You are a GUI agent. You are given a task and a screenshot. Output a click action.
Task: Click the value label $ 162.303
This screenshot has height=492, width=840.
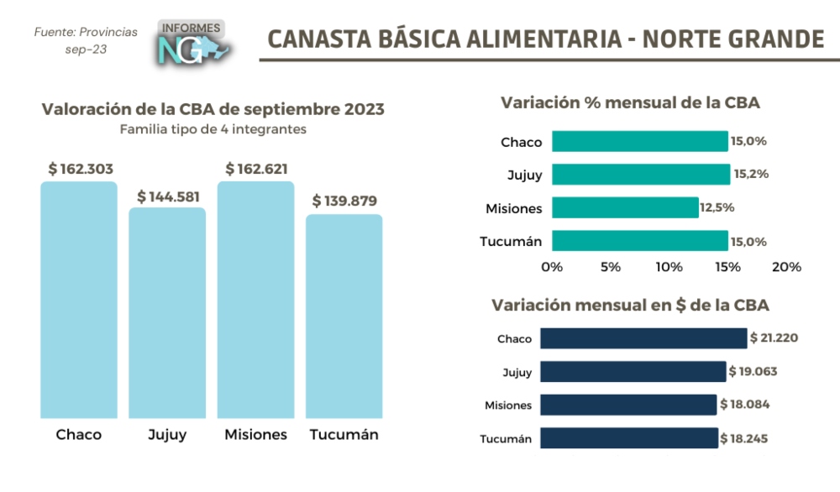81,169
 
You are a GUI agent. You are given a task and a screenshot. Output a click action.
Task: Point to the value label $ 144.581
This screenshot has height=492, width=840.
168,196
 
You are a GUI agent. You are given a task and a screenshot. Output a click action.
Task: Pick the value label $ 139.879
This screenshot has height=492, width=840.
344,201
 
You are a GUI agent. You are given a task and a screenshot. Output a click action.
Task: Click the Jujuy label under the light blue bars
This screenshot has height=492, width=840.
167,434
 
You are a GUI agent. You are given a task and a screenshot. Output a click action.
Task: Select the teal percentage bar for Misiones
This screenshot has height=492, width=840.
625,207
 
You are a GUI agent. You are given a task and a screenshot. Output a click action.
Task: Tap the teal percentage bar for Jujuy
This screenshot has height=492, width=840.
641,175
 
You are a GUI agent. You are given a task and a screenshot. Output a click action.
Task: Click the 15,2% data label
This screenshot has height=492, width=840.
750,175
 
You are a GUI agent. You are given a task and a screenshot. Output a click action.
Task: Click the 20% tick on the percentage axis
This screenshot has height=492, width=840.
786,267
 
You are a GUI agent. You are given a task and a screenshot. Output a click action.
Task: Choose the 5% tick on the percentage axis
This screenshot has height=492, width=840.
611,267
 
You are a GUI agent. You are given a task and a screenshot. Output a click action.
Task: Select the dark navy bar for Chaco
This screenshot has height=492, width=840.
643,338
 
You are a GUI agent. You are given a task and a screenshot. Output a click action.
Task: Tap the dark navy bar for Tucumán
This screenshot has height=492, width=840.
629,438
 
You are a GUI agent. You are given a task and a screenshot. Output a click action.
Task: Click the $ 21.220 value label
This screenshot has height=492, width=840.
774,338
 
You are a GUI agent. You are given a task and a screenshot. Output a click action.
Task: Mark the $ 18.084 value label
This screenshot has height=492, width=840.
744,405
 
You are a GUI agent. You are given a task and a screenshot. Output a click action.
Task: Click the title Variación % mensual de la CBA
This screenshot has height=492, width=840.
630,103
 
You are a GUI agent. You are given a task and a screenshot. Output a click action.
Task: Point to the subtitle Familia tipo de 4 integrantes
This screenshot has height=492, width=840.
213,129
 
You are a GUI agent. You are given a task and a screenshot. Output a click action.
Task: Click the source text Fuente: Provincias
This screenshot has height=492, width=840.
86,32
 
